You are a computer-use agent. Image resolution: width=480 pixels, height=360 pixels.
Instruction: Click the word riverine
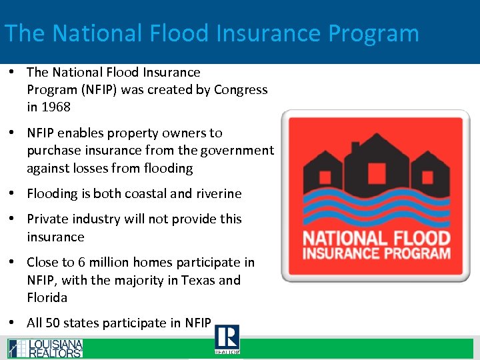click(219, 194)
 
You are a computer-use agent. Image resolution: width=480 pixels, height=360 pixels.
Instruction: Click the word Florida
click(47, 298)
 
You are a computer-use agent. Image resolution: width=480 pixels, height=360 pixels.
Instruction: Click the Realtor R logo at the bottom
click(227, 339)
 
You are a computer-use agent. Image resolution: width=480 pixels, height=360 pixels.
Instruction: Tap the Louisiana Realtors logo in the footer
click(45, 349)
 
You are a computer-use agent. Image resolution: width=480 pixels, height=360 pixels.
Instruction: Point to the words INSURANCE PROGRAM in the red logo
click(377, 254)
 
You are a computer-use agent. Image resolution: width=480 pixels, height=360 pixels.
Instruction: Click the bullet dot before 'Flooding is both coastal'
click(13, 194)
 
